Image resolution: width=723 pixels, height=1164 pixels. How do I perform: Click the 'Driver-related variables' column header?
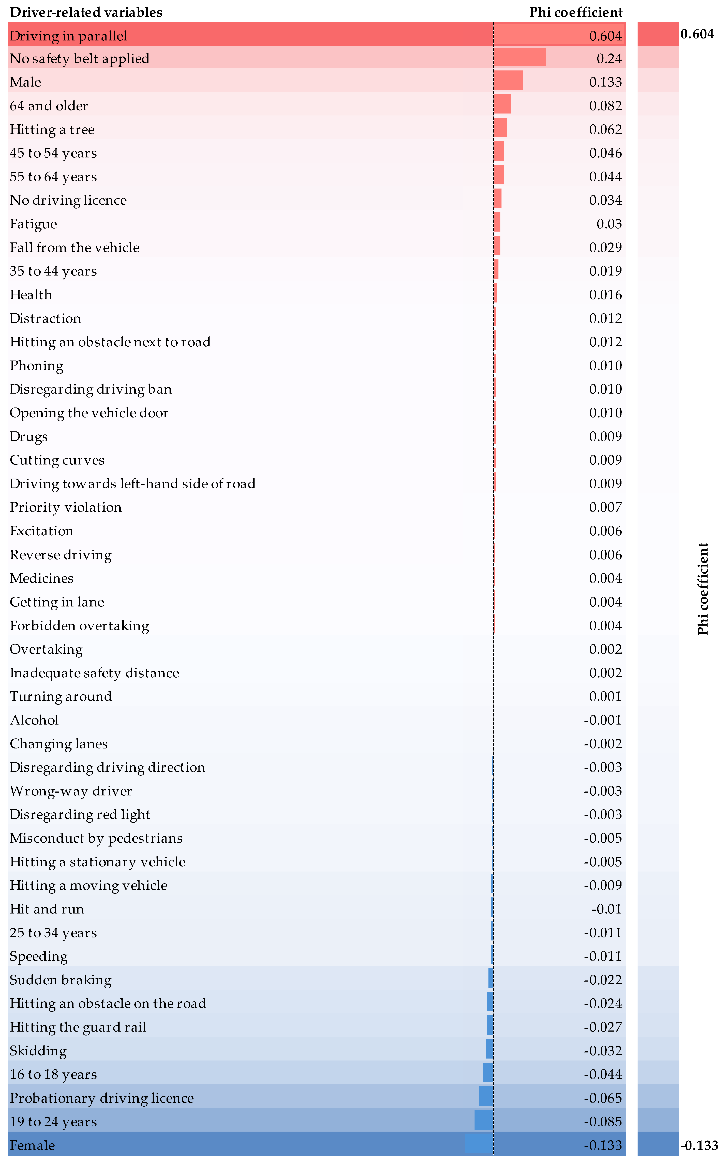coord(86,12)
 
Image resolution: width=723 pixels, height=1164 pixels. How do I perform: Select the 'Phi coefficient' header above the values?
coord(576,12)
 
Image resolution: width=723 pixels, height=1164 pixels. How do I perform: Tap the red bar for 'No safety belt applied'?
coord(519,57)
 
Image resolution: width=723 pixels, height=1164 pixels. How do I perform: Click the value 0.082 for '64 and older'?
coord(605,106)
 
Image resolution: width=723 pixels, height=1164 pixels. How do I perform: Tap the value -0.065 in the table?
coord(603,1098)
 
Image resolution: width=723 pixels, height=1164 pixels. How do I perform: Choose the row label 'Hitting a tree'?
coord(52,130)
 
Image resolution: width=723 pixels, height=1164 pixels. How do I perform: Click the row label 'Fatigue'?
coord(33,224)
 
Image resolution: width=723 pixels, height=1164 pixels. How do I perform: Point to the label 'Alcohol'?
coord(34,720)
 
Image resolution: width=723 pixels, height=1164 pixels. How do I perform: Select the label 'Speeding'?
coord(39,957)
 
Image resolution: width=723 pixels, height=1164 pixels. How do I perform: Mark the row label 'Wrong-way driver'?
coord(71,791)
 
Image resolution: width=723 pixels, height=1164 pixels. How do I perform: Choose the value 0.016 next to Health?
coord(605,295)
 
